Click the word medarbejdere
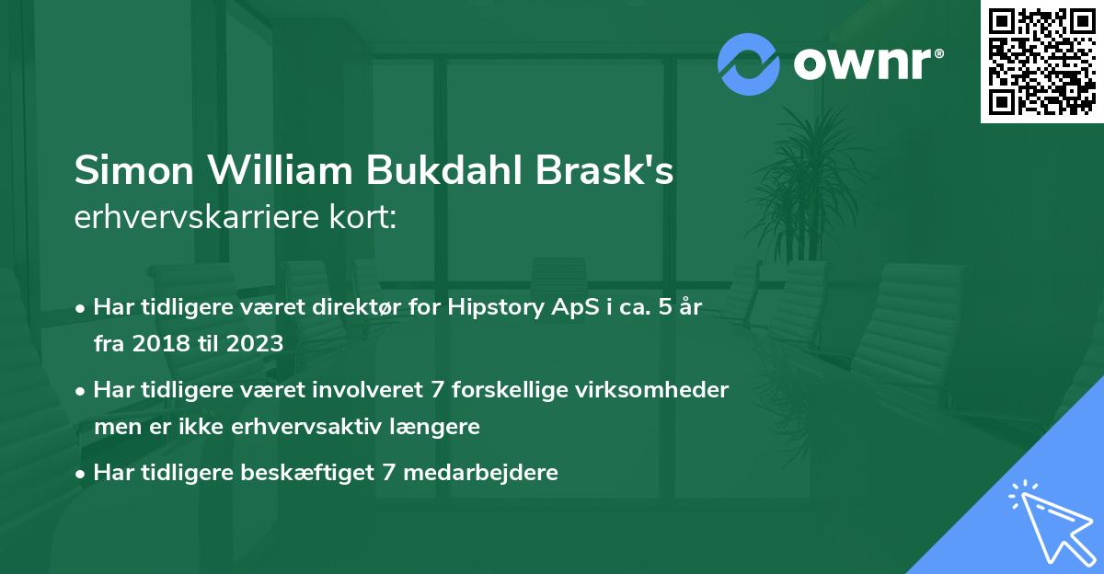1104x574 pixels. pos(479,473)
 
